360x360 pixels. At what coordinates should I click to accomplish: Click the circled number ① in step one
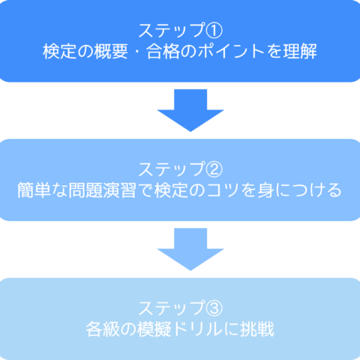coord(214,30)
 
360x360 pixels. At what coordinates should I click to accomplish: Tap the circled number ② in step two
coord(214,169)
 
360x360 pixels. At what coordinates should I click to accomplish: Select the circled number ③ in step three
coord(214,308)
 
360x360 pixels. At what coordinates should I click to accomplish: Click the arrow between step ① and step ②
coord(190,110)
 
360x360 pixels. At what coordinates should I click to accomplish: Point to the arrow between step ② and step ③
coord(190,249)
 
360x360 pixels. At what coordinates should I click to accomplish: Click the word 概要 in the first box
coord(111,51)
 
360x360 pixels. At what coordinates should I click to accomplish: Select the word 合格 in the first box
coord(163,51)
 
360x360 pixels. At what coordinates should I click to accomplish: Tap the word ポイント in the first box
coord(231,51)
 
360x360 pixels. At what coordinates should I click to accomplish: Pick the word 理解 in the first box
coord(300,51)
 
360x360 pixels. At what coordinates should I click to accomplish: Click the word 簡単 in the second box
coord(34,190)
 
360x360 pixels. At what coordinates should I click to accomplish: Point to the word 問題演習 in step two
coord(103,190)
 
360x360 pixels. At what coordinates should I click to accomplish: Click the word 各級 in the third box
coord(103,329)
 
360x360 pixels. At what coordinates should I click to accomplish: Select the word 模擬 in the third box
coord(154,329)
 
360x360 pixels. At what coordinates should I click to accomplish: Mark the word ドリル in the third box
coord(197,329)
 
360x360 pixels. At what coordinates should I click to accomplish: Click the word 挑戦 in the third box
coord(257,329)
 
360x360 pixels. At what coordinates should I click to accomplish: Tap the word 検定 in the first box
coord(59,51)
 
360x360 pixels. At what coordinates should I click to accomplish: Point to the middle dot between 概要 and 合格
coord(137,52)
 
